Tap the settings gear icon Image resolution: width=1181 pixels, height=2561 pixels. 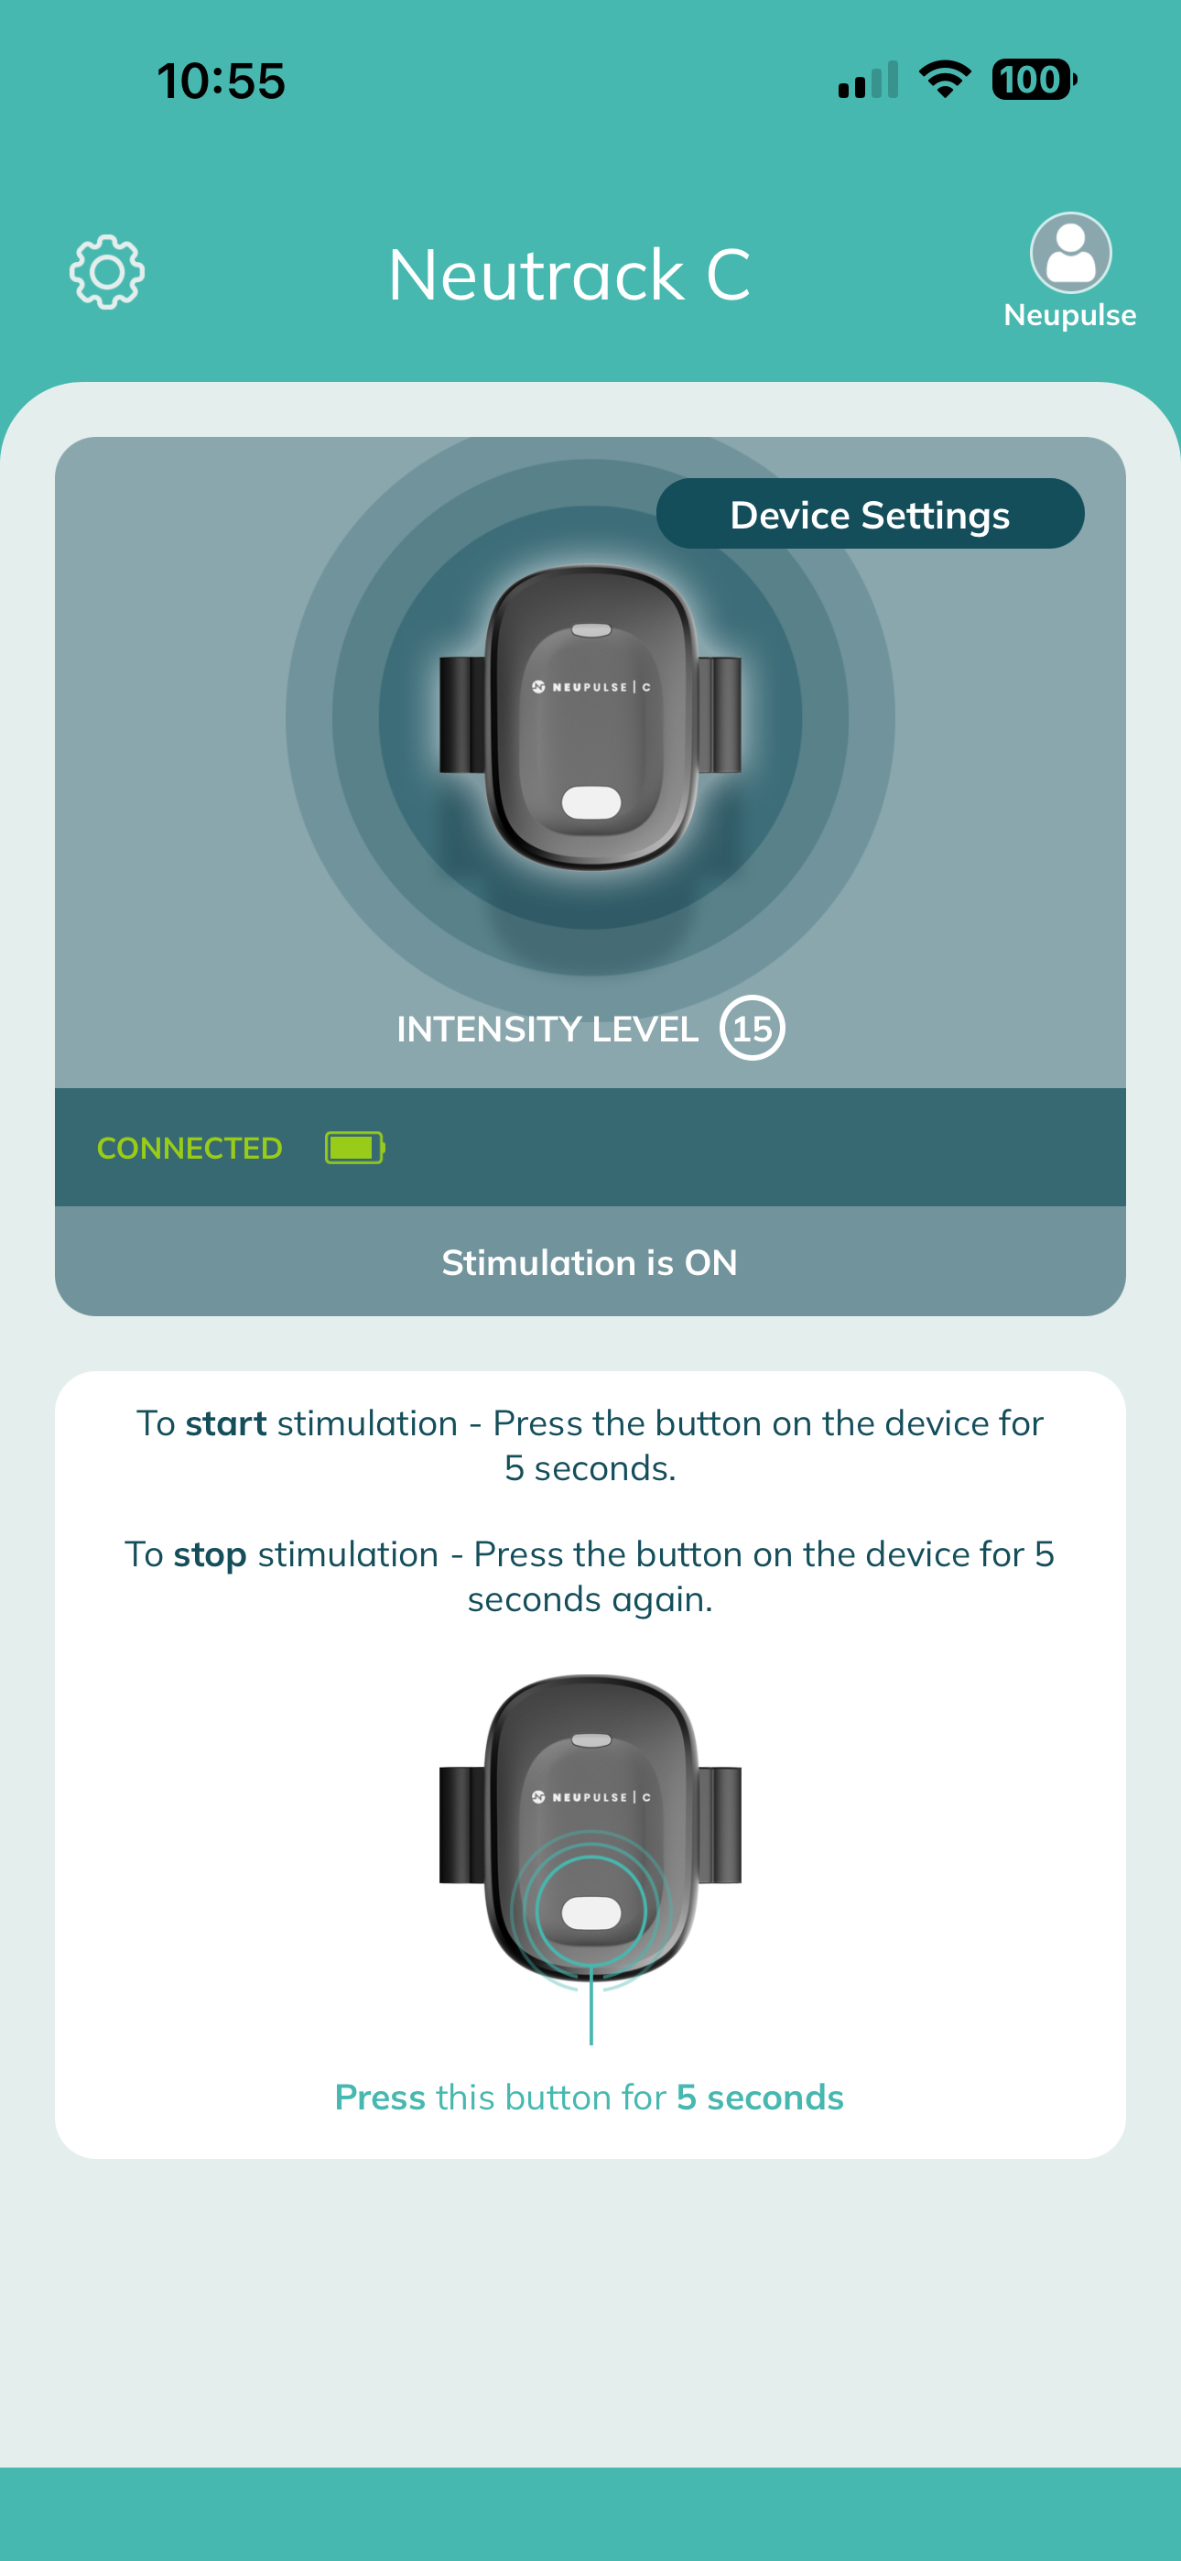point(107,272)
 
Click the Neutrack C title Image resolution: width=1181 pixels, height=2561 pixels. point(569,275)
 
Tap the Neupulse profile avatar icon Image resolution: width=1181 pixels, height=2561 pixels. point(1070,253)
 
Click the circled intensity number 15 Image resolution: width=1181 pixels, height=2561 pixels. point(753,1028)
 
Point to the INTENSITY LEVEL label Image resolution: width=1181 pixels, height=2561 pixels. point(547,1029)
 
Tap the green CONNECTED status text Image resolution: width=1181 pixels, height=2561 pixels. point(190,1149)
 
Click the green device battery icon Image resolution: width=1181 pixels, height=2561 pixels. point(355,1148)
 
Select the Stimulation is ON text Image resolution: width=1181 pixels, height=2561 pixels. point(590,1262)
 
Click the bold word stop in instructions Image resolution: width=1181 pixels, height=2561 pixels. point(210,1555)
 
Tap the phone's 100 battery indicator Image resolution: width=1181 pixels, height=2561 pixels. point(1034,80)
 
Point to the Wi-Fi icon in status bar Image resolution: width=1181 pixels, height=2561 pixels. point(946,80)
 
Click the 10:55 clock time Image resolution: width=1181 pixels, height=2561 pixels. point(222,81)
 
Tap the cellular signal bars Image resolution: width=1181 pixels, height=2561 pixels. point(869,81)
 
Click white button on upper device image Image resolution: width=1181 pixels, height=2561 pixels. point(591,802)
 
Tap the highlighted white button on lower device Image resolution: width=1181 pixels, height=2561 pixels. point(591,1913)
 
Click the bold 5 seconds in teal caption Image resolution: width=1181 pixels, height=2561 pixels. point(761,2097)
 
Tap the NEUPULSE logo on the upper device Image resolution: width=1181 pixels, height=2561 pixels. point(591,687)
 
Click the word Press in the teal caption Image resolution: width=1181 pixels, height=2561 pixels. point(380,2097)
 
